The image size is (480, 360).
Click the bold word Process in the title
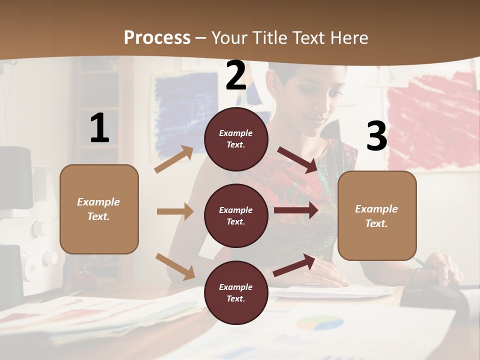click(157, 37)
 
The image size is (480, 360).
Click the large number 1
click(99, 128)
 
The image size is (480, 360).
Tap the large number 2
click(235, 75)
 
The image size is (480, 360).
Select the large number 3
click(376, 136)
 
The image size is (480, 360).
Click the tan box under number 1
click(99, 209)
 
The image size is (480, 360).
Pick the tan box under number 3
click(377, 215)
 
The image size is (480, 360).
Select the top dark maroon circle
click(236, 139)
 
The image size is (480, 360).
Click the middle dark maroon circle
click(236, 215)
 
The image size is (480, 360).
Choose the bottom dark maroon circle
click(236, 292)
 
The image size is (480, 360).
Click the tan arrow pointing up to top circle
click(174, 159)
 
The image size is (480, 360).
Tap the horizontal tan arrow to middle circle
click(175, 211)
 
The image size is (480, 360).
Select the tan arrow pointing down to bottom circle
click(175, 266)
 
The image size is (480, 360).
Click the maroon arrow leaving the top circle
click(297, 159)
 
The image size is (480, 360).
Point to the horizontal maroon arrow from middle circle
click(296, 210)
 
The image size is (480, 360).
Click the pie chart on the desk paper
click(319, 323)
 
